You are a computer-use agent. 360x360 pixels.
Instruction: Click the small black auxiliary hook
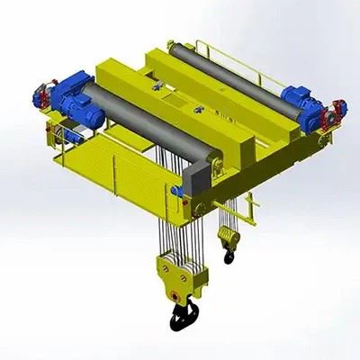229,256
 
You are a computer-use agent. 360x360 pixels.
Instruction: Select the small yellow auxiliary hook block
227,238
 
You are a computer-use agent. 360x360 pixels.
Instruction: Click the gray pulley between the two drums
157,86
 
